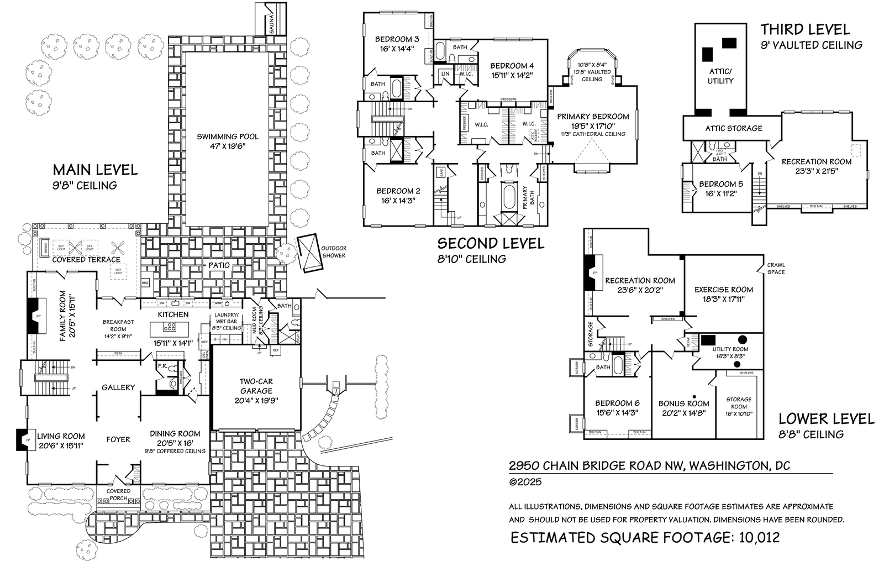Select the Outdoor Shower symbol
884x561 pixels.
coord(309,253)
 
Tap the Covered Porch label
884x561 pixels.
coord(118,494)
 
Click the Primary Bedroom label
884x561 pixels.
coord(593,117)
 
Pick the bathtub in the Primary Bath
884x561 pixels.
coord(508,196)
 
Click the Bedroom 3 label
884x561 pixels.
coord(397,39)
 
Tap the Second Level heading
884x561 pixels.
coord(491,243)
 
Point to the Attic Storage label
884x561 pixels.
coord(733,128)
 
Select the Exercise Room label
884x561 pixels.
coord(723,290)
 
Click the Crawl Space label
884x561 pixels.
coord(775,268)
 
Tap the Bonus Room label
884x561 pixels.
coord(683,403)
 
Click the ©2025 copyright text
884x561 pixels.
coord(525,481)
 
